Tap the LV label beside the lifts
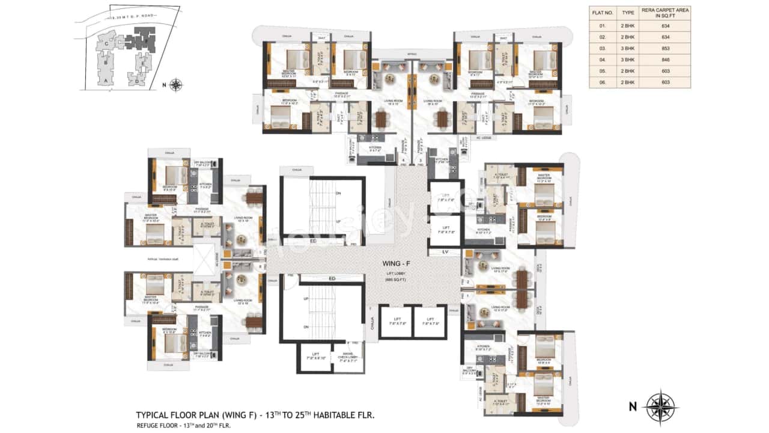pos(445,251)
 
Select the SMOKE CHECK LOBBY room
pos(348,358)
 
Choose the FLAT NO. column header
pos(602,11)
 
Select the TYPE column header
pos(628,11)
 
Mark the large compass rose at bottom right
pos(660,407)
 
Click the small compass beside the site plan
pos(175,85)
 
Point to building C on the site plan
pos(106,43)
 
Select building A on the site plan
pos(106,80)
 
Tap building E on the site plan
pos(142,61)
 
